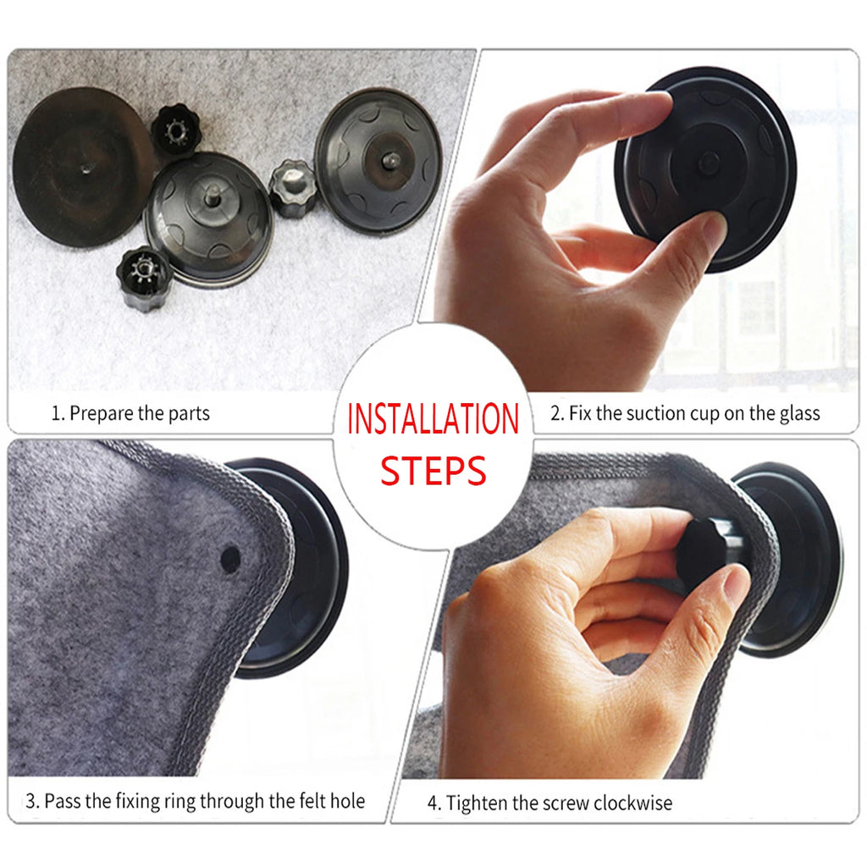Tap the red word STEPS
pos(433,471)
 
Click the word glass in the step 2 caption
pos(799,414)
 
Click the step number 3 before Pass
pos(30,801)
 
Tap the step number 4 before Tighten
pos(433,803)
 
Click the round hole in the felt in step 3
pos(229,557)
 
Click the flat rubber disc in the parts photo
pos(80,165)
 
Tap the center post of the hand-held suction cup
pos(708,163)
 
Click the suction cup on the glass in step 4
pos(792,559)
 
